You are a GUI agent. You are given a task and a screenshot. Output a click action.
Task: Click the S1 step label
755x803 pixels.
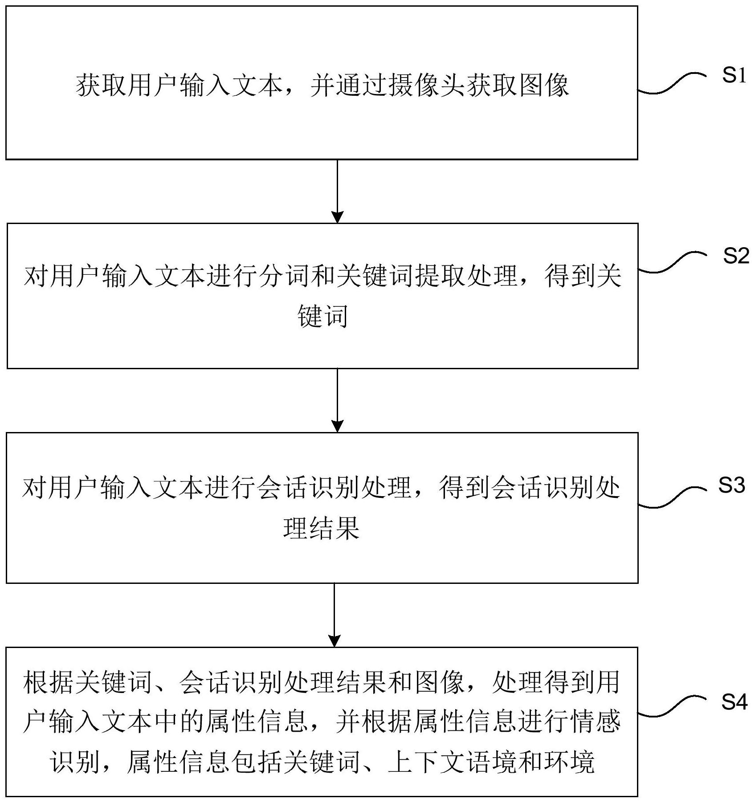pyautogui.click(x=734, y=76)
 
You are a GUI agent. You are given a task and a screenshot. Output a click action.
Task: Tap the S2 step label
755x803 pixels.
pyautogui.click(x=736, y=256)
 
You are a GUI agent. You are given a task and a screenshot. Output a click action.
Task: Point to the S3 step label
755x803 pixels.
pyautogui.click(x=731, y=485)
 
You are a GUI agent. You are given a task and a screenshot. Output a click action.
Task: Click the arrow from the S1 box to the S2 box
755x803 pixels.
pyautogui.click(x=338, y=192)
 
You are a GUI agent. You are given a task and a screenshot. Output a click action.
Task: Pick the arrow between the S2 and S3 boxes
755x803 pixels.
pyautogui.click(x=338, y=400)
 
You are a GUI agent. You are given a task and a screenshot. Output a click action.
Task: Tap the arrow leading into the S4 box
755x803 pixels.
pyautogui.click(x=334, y=615)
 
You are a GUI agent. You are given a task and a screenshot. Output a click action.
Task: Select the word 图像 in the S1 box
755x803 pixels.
pyautogui.click(x=544, y=85)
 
